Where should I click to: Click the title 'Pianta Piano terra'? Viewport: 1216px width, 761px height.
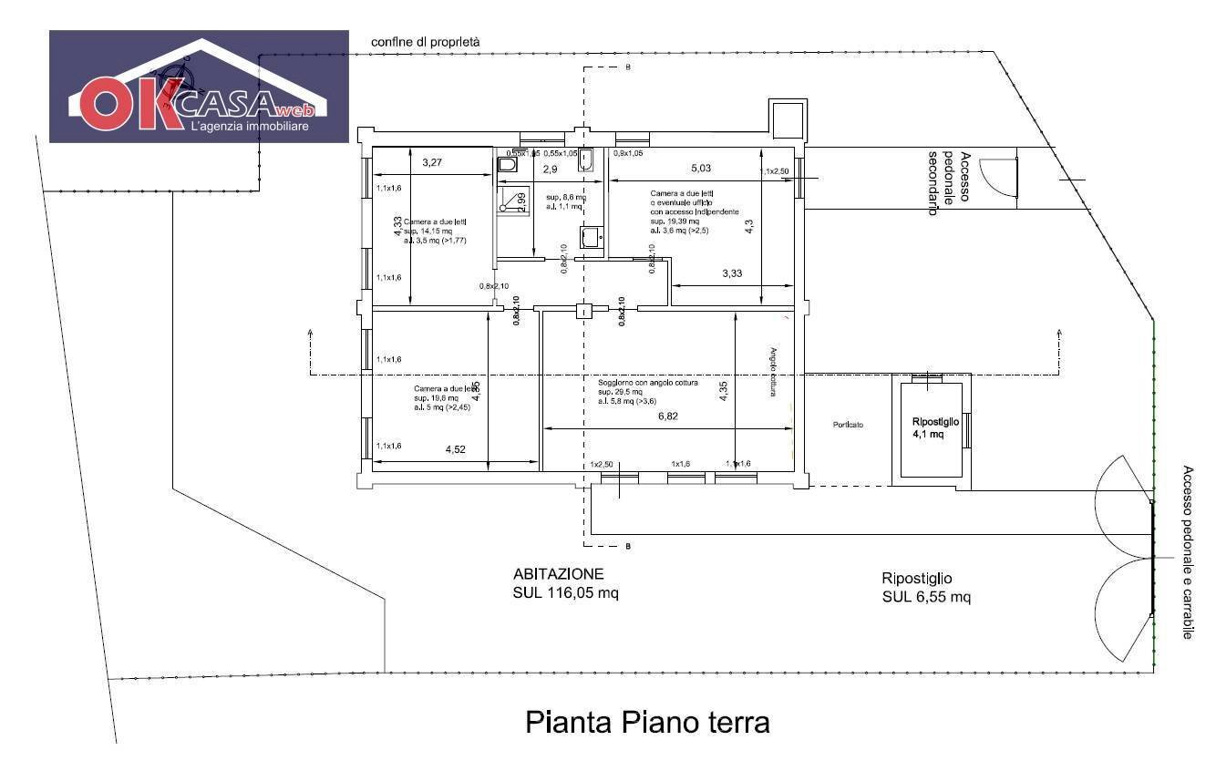point(647,723)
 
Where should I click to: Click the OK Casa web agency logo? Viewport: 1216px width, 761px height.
point(199,87)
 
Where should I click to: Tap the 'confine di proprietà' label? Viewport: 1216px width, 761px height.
point(425,42)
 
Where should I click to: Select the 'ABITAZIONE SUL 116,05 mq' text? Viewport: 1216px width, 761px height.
point(566,584)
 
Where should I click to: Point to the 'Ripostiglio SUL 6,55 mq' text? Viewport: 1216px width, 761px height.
point(925,588)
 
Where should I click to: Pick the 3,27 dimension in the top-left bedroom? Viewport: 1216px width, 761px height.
point(432,163)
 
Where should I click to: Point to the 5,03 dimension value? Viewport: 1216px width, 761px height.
point(701,168)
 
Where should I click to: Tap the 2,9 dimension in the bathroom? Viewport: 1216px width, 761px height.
point(550,170)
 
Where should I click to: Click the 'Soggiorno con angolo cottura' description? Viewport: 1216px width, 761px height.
point(647,383)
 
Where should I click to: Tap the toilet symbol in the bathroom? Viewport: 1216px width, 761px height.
point(508,166)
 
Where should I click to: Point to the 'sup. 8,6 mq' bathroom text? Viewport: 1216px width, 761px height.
point(565,197)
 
